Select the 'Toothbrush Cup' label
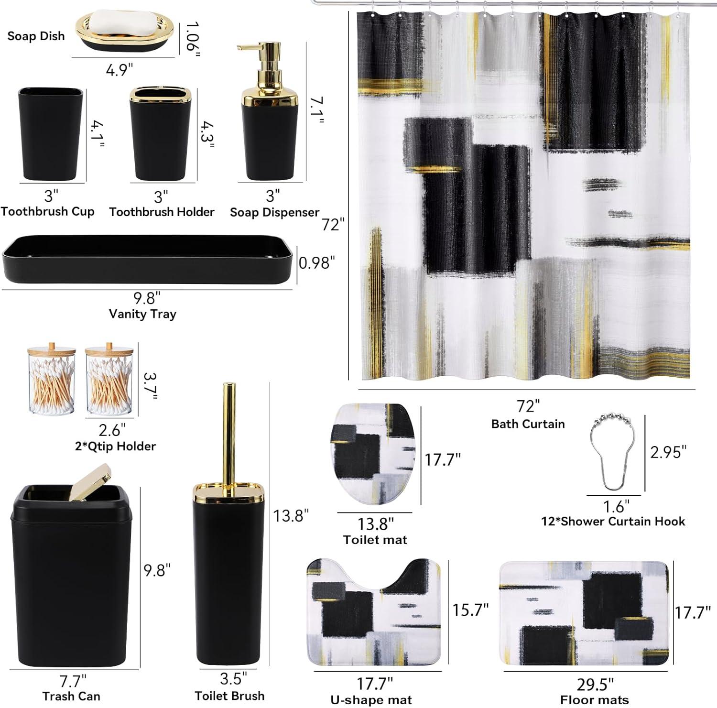click(48, 211)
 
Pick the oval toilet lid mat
click(373, 454)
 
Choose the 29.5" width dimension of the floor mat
click(595, 684)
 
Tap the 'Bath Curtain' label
click(528, 424)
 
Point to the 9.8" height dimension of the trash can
click(157, 570)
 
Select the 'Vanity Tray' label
click(142, 314)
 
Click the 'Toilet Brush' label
click(229, 696)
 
